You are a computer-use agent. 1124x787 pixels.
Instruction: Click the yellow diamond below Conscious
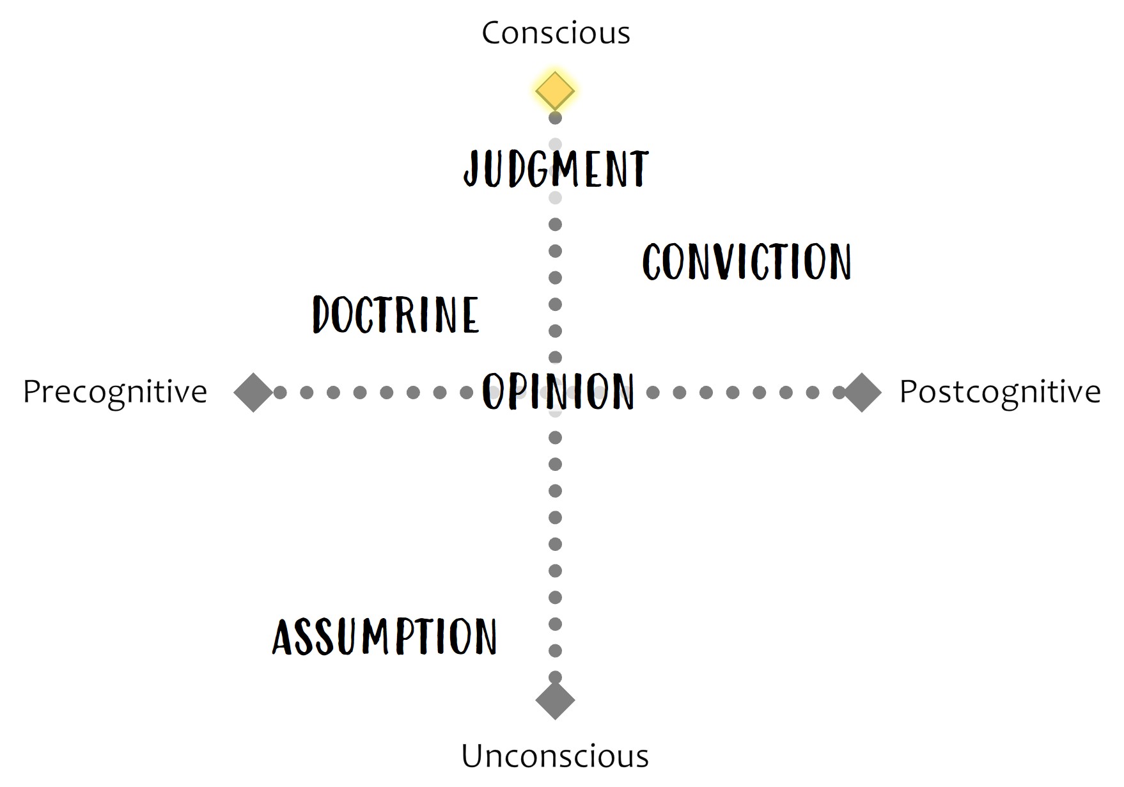[x=555, y=91]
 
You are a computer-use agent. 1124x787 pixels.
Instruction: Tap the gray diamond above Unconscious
[x=555, y=700]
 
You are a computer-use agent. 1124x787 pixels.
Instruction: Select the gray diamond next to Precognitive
[x=253, y=392]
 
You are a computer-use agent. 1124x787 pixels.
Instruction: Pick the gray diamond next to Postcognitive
[x=862, y=392]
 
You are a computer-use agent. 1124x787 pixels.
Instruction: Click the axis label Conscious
[x=556, y=33]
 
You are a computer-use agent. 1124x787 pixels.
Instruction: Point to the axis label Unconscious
[x=555, y=756]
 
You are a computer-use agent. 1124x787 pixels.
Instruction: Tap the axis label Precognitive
[x=115, y=392]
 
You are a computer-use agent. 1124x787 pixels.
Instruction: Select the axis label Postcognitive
[x=1000, y=392]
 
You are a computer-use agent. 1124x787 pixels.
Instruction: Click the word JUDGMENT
[x=556, y=169]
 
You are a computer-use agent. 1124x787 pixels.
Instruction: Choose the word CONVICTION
[x=747, y=262]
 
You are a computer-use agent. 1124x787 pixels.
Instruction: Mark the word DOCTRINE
[x=396, y=314]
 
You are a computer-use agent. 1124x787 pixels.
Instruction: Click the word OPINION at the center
[x=558, y=391]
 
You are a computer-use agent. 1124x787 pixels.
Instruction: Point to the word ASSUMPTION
[x=384, y=637]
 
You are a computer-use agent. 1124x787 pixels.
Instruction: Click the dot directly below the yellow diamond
[x=555, y=118]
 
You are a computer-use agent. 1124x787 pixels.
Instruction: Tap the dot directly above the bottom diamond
[x=555, y=677]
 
